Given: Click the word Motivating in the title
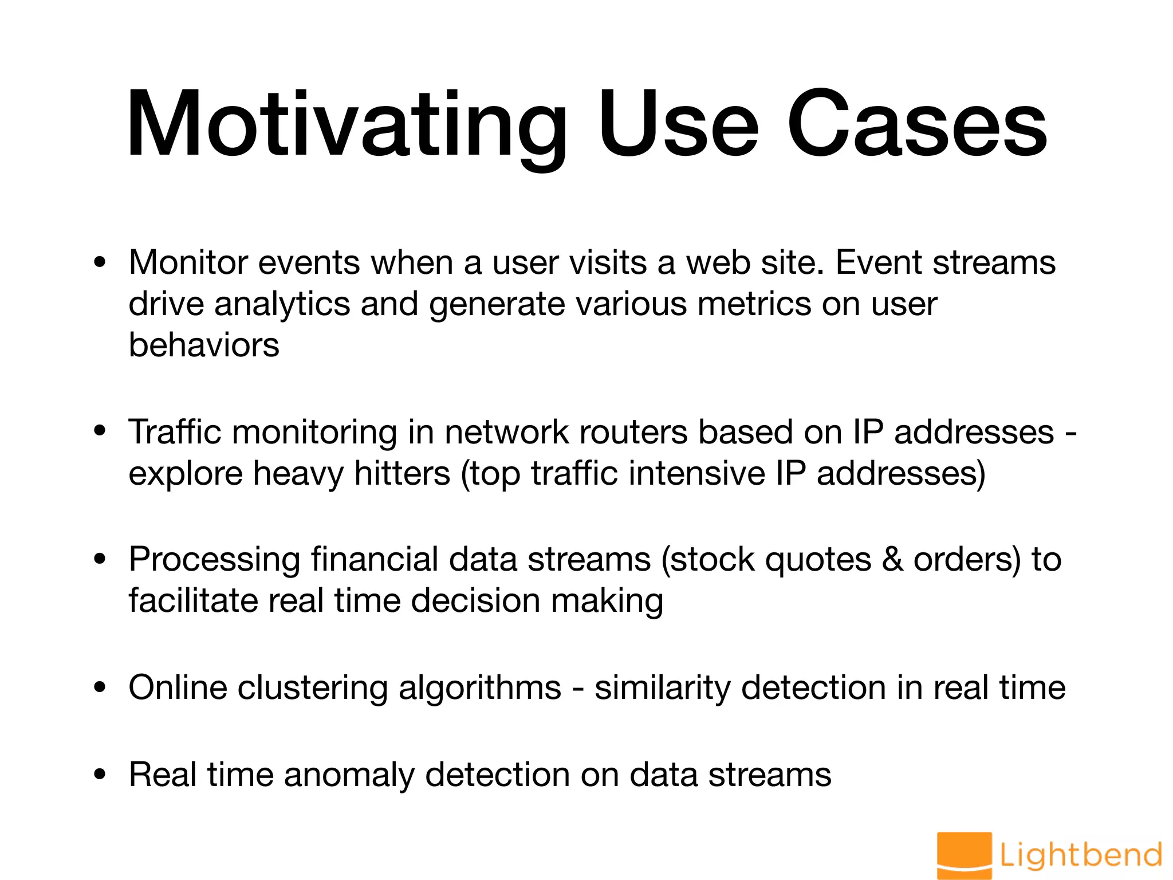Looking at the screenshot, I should (347, 125).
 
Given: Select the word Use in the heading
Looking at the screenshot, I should (678, 125).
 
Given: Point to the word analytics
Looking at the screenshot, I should (282, 304).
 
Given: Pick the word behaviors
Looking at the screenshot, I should (204, 345).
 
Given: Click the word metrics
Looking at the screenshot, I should (754, 304).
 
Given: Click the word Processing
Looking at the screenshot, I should (215, 560).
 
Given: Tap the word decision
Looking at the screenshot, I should (475, 601).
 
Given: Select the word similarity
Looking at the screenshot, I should (662, 688).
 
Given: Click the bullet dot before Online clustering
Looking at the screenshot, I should (100, 688).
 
